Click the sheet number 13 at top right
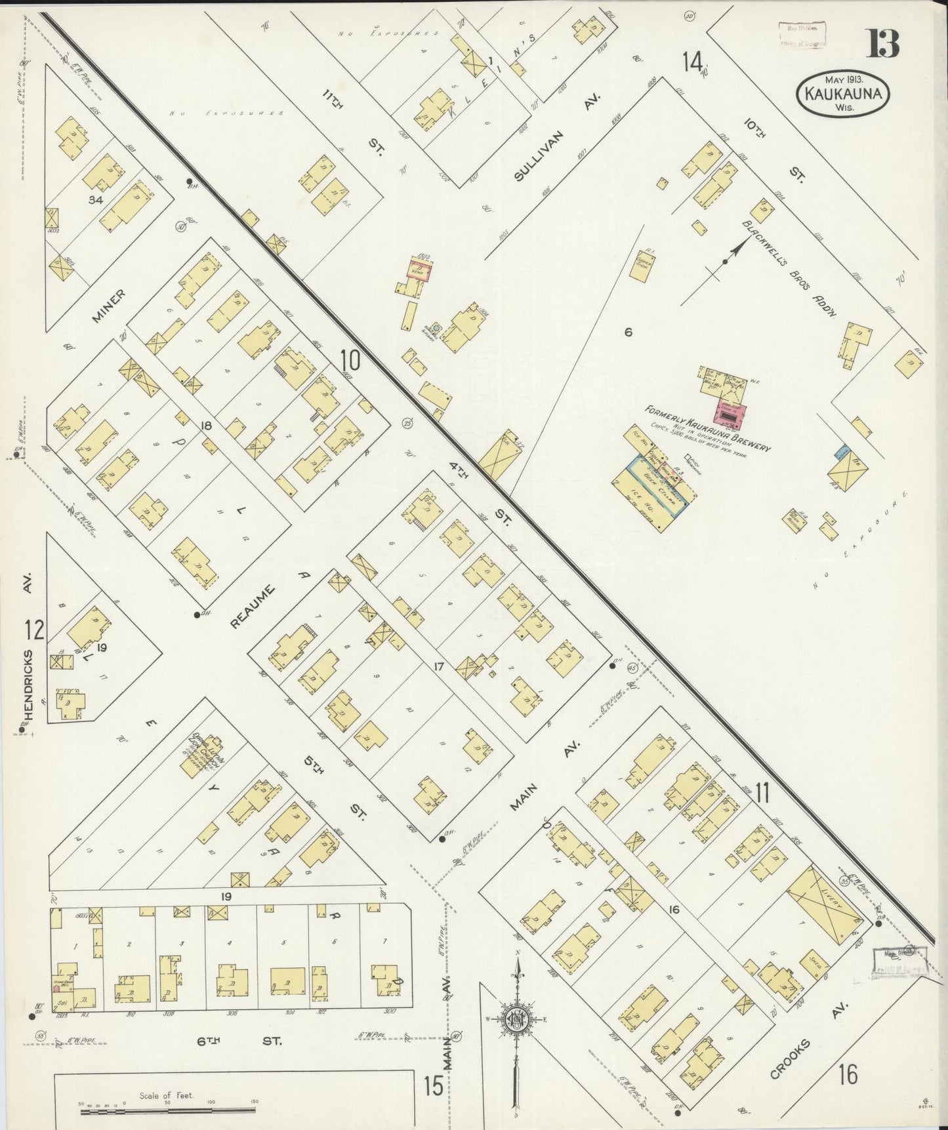tap(884, 44)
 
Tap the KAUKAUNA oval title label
tap(843, 94)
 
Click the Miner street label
tap(108, 306)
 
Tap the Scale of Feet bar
tap(167, 1109)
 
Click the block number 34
tap(96, 199)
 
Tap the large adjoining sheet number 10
tap(350, 359)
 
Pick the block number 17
tap(439, 667)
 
